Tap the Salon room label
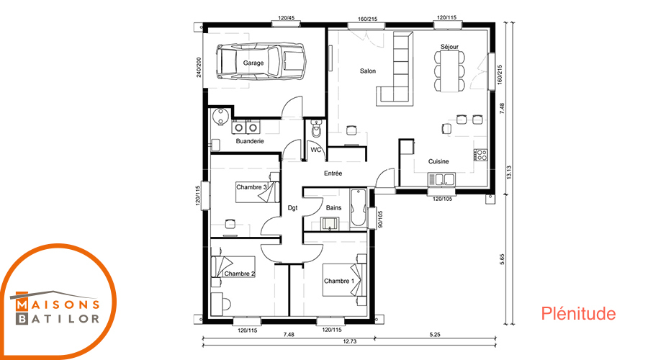pos(368,71)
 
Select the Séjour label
pos(449,47)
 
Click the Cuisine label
pos(438,161)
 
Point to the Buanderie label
pos(250,141)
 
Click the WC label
pos(316,150)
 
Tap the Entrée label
pos(333,174)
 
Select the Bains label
pos(333,207)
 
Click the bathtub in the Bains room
pos(358,207)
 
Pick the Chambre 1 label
pos(339,281)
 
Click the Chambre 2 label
pos(240,274)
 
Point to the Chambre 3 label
pos(252,187)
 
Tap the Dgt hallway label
pos(292,208)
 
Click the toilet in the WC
pos(316,129)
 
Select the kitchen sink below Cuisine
pos(441,179)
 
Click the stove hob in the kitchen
pos(481,155)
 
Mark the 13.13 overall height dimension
pos(509,172)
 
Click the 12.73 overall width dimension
pos(350,341)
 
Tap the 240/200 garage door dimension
pos(199,67)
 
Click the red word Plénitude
pos(578,314)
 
